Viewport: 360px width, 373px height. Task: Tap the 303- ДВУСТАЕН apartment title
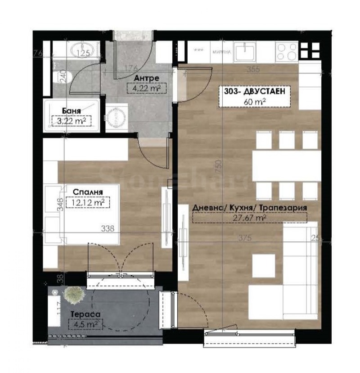coord(254,93)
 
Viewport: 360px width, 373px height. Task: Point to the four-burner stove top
coord(287,50)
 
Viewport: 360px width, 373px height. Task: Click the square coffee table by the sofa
coord(264,264)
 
